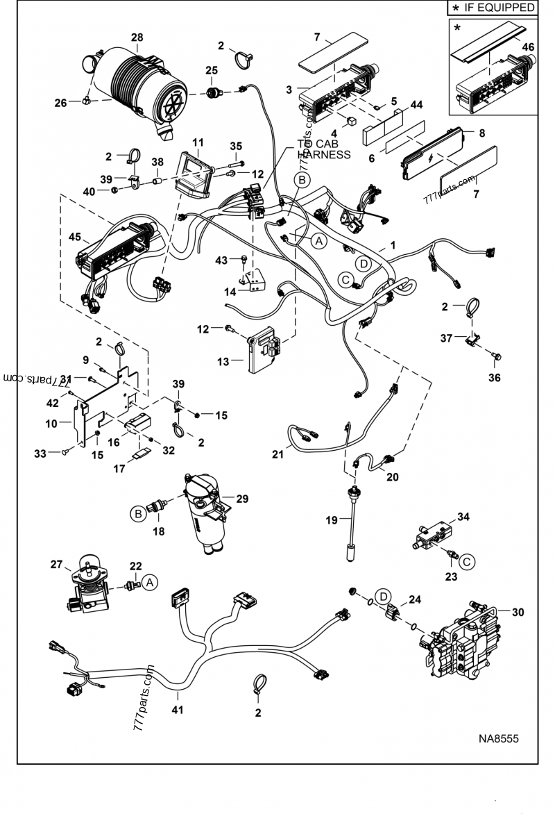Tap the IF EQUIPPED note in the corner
pos(493,8)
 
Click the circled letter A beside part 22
pos(148,583)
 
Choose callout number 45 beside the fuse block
pos(74,237)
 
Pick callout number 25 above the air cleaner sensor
pos(211,70)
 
